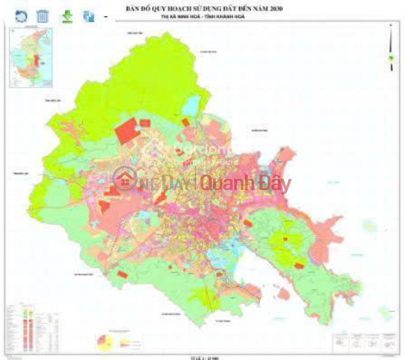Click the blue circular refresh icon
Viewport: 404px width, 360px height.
point(21,16)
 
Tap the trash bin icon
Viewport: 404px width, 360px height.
point(43,16)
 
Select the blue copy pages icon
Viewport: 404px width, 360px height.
point(89,16)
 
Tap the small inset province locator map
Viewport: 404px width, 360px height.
point(30,57)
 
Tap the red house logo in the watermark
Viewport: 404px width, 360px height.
point(125,180)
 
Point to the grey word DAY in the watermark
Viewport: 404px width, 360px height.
point(178,184)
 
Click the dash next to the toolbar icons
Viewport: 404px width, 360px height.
point(106,17)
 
